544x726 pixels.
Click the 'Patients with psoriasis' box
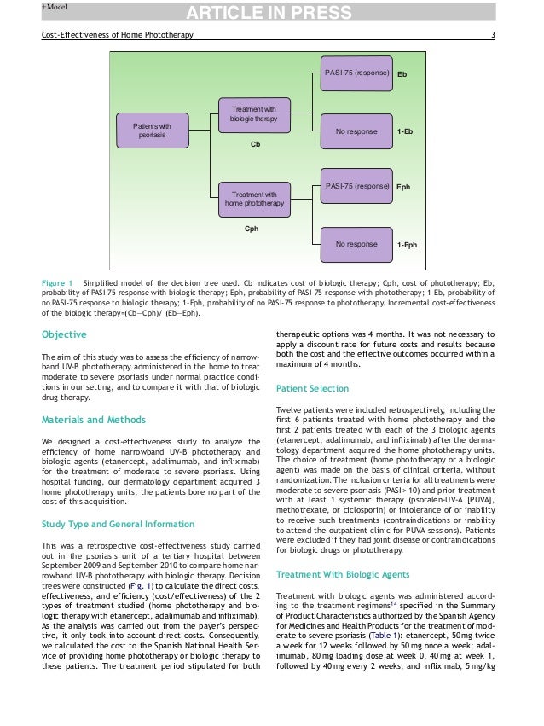[x=152, y=131]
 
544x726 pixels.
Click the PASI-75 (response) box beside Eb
[x=356, y=74]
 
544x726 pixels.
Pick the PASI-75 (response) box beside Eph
[x=356, y=185]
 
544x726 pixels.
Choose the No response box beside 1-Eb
[x=356, y=132]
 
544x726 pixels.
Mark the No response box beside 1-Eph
[x=356, y=244]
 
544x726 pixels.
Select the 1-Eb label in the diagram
[x=405, y=132]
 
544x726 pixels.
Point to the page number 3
[x=494, y=34]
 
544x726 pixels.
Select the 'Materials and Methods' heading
[x=93, y=420]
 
